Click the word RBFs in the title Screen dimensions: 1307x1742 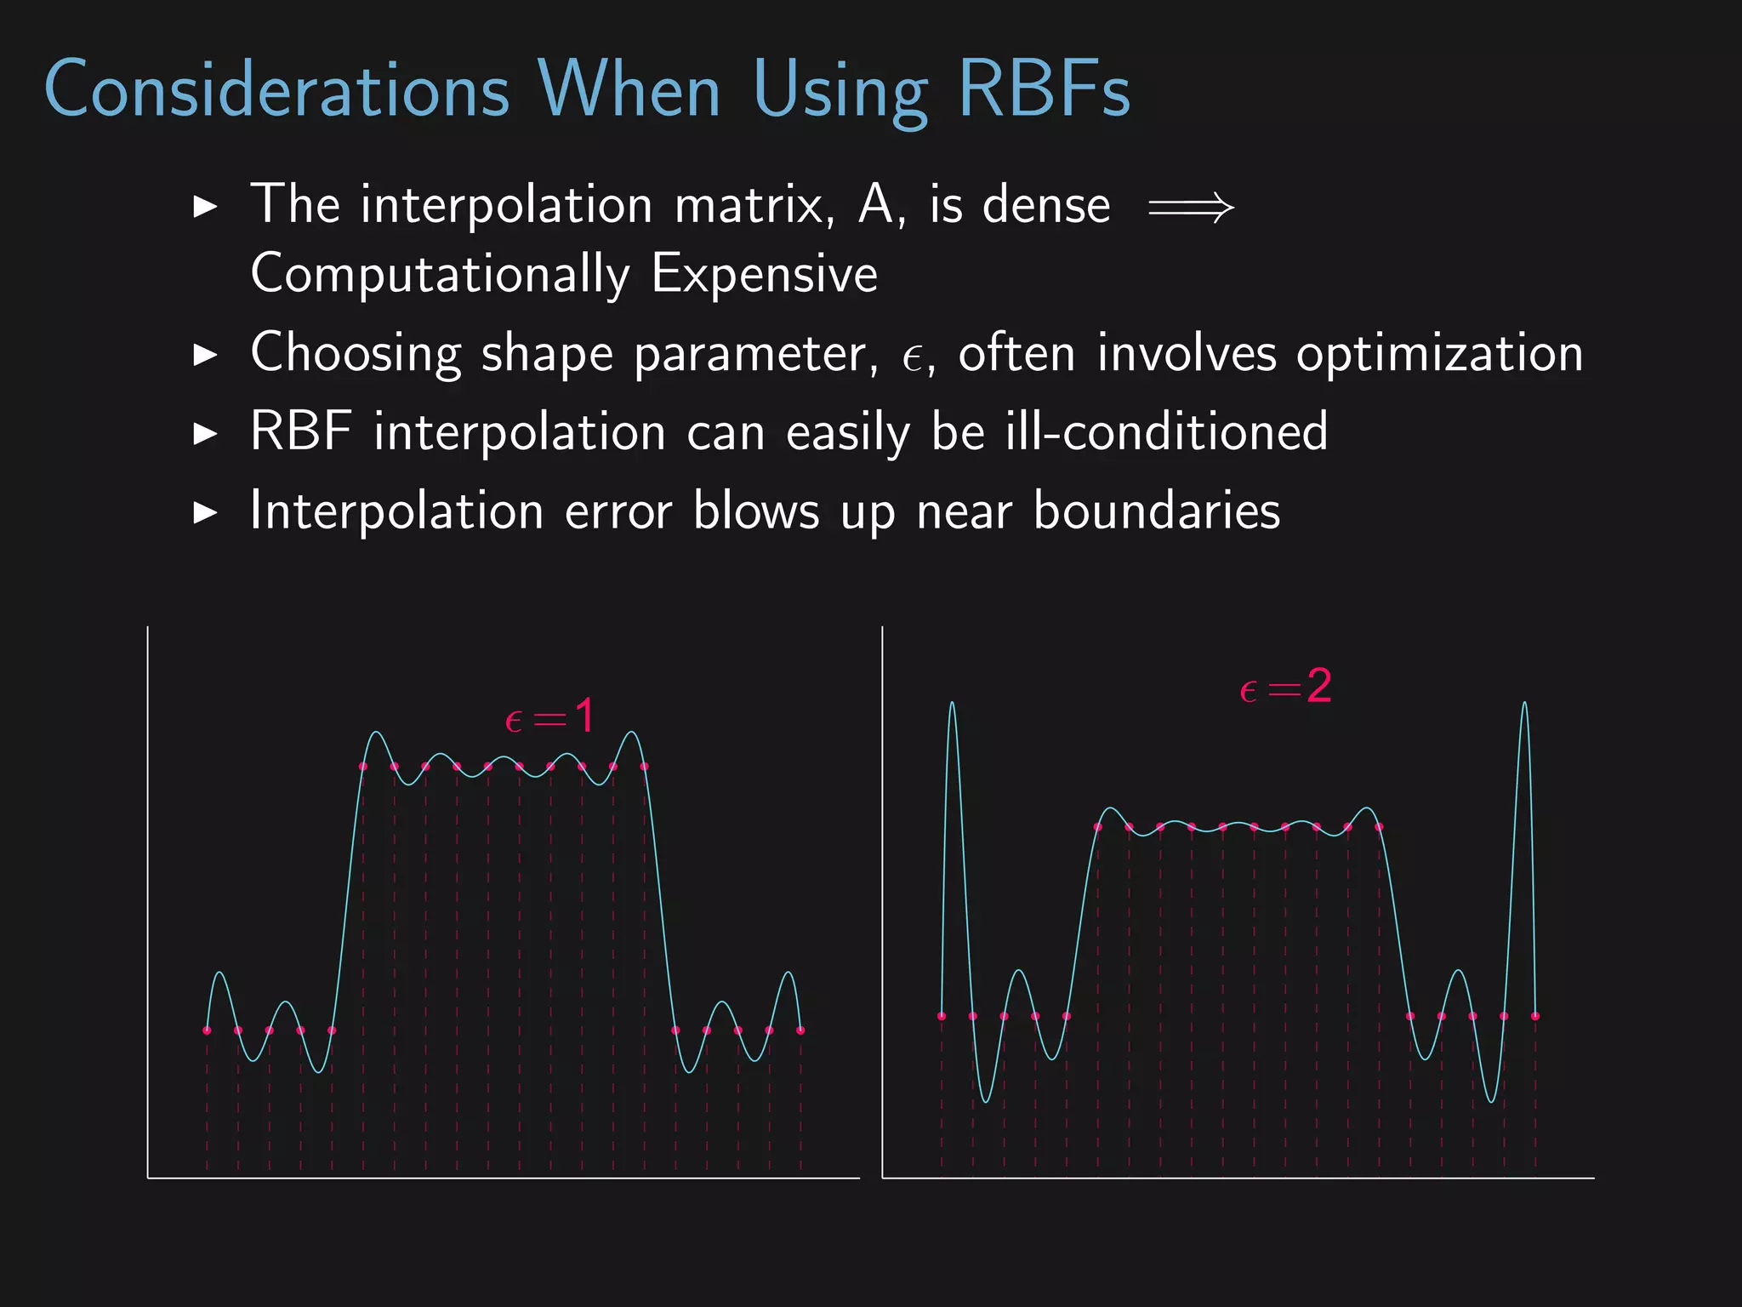click(x=1044, y=89)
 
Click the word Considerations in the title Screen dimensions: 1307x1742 click(x=276, y=89)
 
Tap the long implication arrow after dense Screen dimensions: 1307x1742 click(x=1190, y=207)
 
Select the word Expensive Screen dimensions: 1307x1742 click(x=764, y=275)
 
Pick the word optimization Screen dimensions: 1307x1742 click(x=1439, y=353)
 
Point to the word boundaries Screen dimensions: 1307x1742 click(x=1156, y=511)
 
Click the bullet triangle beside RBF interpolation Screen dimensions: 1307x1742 click(x=205, y=434)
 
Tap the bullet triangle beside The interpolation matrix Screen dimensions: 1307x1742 click(x=205, y=207)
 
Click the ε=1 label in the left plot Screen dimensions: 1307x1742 click(x=549, y=716)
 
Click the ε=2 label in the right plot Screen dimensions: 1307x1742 click(x=1285, y=687)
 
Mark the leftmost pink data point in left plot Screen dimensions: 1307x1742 click(x=207, y=1030)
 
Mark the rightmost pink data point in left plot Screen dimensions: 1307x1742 click(x=800, y=1030)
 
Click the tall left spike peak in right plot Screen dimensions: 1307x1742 click(x=952, y=705)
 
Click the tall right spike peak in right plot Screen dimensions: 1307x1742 click(x=1524, y=705)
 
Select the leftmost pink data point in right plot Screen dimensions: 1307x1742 click(x=942, y=1016)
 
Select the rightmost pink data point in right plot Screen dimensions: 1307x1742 click(x=1535, y=1016)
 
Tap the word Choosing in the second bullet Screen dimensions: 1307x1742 click(x=356, y=353)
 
